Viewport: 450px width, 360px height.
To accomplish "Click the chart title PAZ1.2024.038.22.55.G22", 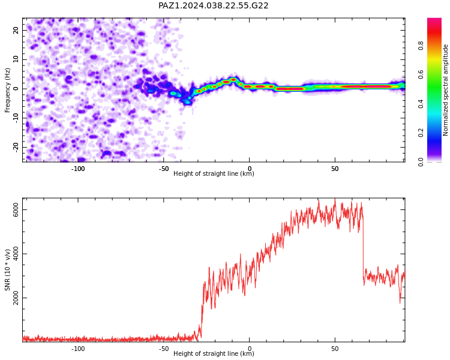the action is click(x=213, y=5).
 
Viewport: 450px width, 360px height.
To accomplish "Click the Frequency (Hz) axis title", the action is click(x=7, y=90).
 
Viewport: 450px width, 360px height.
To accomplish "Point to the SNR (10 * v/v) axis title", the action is click(x=7, y=270).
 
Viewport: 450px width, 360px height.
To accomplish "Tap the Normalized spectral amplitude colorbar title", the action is click(x=445, y=90).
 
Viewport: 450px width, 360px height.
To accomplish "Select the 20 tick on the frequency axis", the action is click(x=16, y=30).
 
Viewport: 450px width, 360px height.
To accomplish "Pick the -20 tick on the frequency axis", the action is click(x=16, y=148).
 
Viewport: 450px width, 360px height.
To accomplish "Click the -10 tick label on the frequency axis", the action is click(x=16, y=118).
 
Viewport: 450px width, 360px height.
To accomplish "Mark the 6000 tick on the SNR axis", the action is click(x=16, y=209).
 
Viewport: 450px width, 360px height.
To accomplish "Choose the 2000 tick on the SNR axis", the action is click(x=16, y=298).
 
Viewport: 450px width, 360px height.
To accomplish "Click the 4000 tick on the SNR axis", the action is click(x=16, y=254).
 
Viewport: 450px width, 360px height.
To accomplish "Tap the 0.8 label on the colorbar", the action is click(x=421, y=46).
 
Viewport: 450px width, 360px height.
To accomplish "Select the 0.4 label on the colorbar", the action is click(x=421, y=104).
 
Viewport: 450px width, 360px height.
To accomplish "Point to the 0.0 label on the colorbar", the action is click(x=421, y=162).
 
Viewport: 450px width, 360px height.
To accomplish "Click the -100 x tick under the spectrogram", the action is click(x=78, y=169).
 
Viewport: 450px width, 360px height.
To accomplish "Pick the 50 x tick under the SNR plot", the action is click(x=335, y=349).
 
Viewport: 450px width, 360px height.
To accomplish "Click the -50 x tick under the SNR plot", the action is click(x=163, y=349).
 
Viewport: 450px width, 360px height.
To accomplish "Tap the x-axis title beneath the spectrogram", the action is click(x=214, y=173).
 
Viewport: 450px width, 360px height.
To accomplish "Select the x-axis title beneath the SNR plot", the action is click(x=214, y=353).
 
